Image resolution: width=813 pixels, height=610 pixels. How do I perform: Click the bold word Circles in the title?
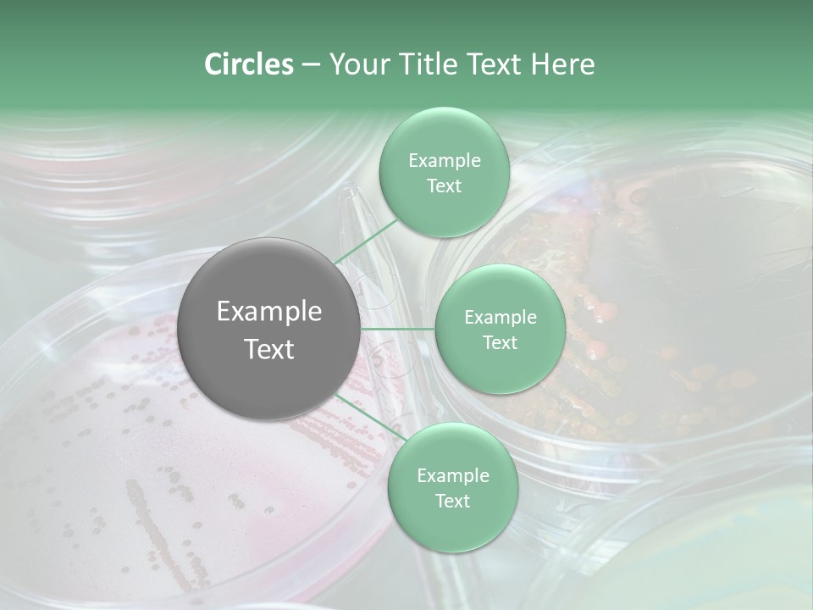click(248, 64)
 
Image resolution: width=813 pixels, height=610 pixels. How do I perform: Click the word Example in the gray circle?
click(269, 312)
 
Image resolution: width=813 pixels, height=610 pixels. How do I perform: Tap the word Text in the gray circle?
click(269, 349)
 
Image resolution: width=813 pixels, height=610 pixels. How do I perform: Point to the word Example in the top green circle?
click(444, 161)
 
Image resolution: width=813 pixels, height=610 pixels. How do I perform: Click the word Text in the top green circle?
click(444, 186)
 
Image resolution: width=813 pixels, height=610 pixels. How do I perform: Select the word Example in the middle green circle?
click(500, 318)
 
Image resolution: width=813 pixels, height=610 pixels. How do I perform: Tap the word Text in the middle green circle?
click(500, 342)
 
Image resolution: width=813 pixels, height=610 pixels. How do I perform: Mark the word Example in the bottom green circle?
click(452, 476)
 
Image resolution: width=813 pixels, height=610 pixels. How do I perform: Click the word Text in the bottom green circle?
click(452, 501)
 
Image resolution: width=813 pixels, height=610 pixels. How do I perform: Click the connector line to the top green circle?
click(365, 241)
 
